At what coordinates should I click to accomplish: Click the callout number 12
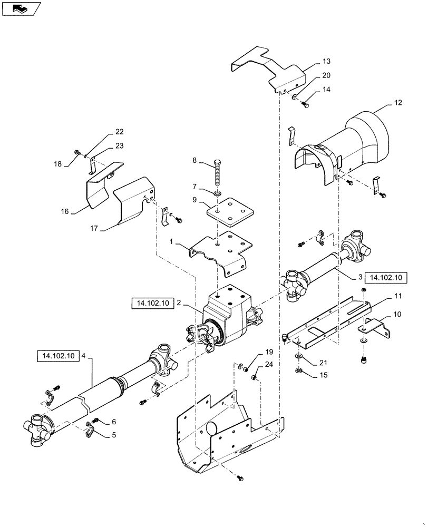pos(397,103)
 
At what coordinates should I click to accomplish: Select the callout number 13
pos(326,61)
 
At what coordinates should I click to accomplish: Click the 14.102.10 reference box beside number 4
pos(57,356)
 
